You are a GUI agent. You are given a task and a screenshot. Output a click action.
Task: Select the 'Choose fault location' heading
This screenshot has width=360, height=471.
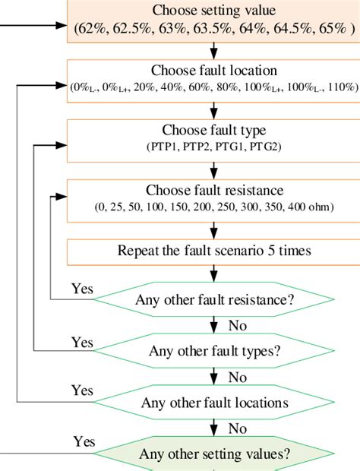click(214, 71)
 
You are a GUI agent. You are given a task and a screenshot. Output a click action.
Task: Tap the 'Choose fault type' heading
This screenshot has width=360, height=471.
click(214, 130)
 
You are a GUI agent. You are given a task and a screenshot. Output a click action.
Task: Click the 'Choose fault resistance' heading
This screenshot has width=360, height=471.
click(214, 190)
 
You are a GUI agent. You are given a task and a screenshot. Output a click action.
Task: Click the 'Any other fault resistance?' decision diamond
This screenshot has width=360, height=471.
click(214, 299)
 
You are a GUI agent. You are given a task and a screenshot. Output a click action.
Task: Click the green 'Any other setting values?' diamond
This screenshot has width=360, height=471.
click(214, 454)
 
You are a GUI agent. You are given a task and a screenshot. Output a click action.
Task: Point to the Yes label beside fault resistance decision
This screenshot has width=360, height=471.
click(82, 289)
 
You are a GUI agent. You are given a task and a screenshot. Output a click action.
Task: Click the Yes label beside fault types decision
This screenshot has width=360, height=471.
click(82, 342)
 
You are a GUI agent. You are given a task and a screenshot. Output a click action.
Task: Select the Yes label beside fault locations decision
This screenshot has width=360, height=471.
click(82, 390)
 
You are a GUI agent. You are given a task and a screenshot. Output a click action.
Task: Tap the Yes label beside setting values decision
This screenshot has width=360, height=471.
click(85, 441)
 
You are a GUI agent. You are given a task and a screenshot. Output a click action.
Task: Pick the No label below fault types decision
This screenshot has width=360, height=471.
click(237, 377)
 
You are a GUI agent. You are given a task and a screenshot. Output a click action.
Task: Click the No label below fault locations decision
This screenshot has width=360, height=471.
click(237, 428)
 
